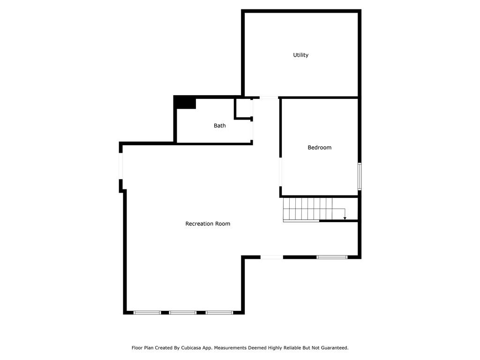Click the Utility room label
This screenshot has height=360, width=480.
(300, 55)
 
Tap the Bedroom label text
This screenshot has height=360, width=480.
(319, 147)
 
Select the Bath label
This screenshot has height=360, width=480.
(219, 125)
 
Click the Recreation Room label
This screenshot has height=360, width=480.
(208, 224)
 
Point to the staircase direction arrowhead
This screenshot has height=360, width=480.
(345, 218)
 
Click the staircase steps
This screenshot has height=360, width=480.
(307, 209)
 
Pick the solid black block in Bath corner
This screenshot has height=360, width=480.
(185, 102)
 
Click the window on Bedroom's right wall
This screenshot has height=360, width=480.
(360, 176)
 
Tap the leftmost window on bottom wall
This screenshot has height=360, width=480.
(147, 312)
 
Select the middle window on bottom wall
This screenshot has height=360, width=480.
(182, 312)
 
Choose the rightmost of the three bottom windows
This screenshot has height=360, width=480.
(219, 312)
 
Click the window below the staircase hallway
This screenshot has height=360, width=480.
(331, 257)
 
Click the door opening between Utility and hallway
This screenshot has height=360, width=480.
(269, 97)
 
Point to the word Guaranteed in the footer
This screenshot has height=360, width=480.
(333, 348)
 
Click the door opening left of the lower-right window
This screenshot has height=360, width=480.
(272, 257)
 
